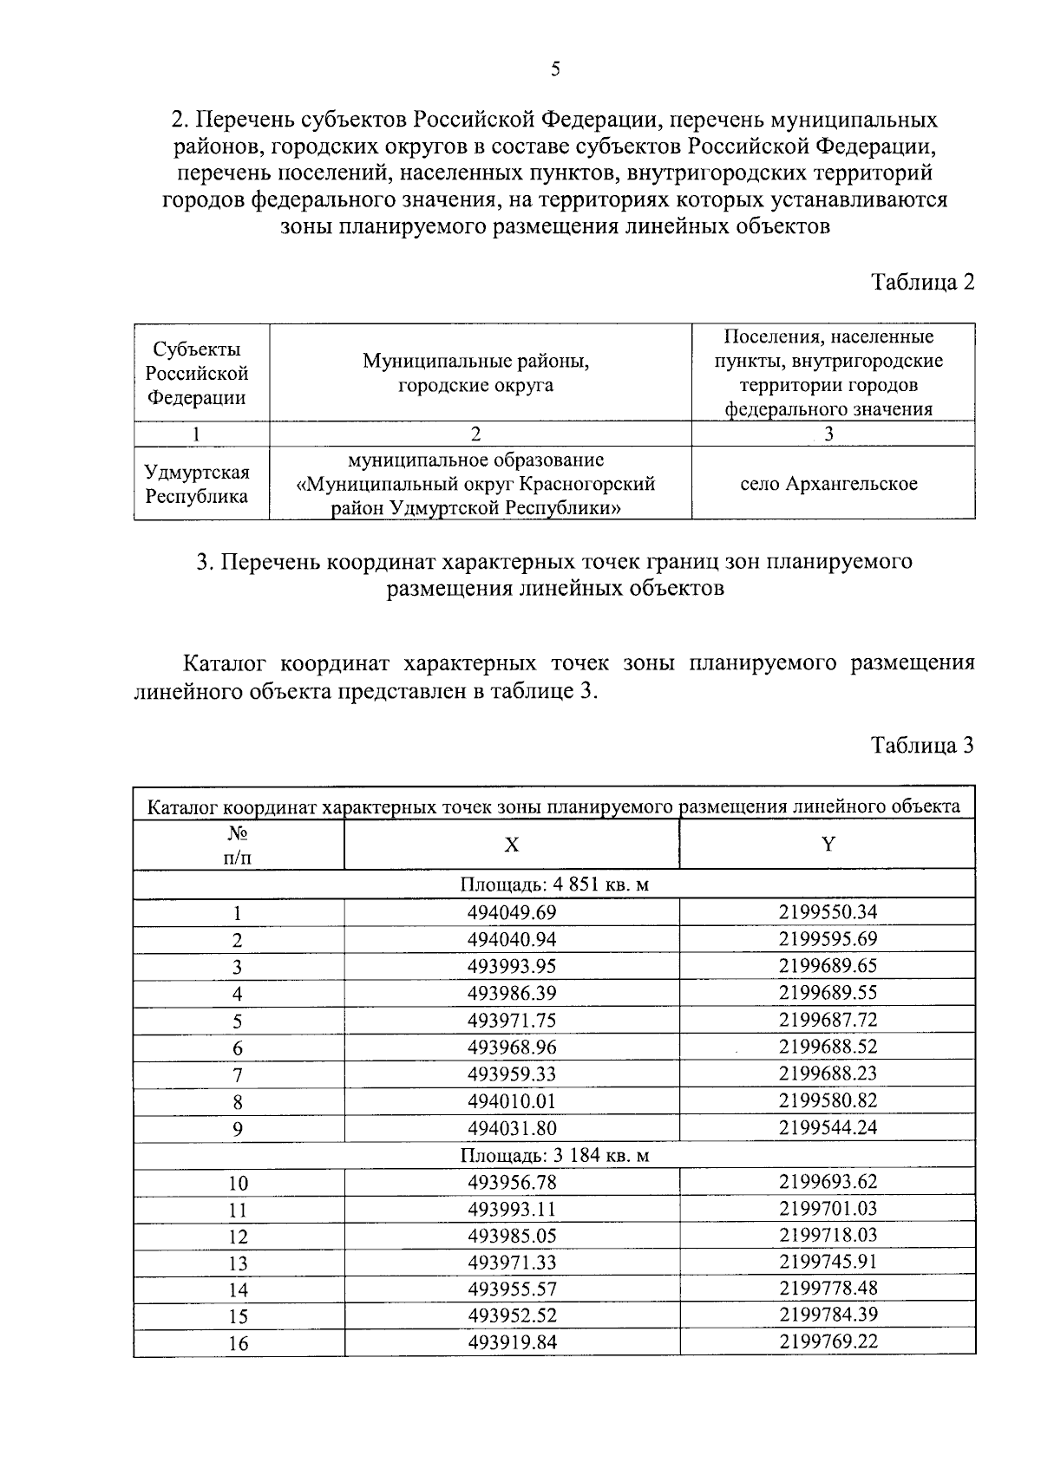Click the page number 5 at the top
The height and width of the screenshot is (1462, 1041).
coord(555,70)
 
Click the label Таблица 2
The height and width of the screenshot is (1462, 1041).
coord(923,283)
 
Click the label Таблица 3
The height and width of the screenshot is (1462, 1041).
coord(923,745)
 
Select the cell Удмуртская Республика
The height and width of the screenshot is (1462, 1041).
coord(197,484)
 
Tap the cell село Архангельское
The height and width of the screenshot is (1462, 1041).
coord(828,484)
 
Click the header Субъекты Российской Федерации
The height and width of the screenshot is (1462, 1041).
coord(197,374)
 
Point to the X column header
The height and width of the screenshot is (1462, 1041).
coord(512,845)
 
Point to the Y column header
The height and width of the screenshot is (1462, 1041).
coord(828,845)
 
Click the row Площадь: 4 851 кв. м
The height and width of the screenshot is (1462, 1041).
coord(554,885)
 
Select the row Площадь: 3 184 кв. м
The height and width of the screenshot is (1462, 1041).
coord(554,1155)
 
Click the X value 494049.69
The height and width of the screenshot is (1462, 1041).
coord(512,912)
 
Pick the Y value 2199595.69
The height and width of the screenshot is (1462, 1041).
coord(828,939)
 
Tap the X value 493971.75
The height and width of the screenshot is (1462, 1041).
coord(512,1020)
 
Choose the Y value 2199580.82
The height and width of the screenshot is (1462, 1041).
coord(828,1100)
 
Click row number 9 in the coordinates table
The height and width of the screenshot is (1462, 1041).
coord(237,1129)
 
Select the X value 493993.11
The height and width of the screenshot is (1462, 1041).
coord(512,1209)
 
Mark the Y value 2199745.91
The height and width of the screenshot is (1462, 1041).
coord(828,1263)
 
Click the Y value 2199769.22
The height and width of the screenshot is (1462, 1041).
coord(828,1342)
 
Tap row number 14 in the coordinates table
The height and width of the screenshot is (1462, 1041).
coord(237,1290)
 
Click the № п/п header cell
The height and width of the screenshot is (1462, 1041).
coord(237,845)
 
